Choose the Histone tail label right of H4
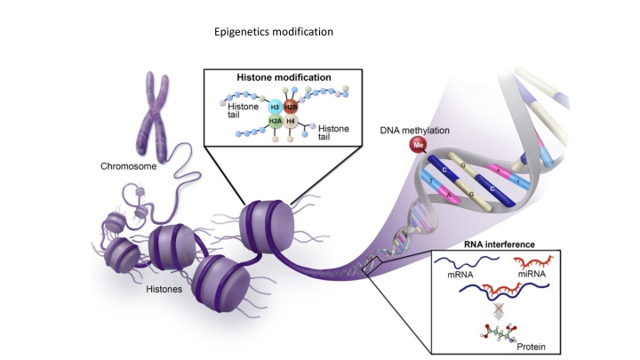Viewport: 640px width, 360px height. click(333, 132)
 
